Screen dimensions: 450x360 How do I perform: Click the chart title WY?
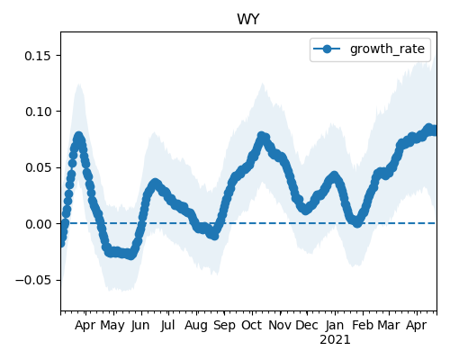point(248,20)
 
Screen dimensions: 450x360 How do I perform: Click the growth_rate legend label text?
point(387,49)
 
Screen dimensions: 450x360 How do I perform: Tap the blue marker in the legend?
point(327,49)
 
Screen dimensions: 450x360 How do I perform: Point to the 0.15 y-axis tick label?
point(38,56)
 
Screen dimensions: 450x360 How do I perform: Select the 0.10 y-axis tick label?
point(38,112)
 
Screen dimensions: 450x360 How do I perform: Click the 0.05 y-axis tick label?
point(38,167)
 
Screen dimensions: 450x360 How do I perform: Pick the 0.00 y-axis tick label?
point(38,224)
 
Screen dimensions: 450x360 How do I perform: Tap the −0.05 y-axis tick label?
point(33,280)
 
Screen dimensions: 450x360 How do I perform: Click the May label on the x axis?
point(112,326)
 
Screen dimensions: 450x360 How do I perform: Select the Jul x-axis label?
point(167,325)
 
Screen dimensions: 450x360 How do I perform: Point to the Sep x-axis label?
point(224,326)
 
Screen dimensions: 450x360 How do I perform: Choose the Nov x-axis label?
point(280,325)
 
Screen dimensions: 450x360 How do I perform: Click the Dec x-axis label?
point(307,325)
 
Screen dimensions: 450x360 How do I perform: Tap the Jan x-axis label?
point(335,325)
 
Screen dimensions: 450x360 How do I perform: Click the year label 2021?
point(335,340)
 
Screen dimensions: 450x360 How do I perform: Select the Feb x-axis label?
point(363,325)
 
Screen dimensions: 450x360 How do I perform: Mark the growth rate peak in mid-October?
point(262,136)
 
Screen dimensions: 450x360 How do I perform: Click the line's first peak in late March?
point(79,136)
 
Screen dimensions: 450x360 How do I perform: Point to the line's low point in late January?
point(357,223)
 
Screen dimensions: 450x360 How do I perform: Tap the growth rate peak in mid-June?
point(155,183)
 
